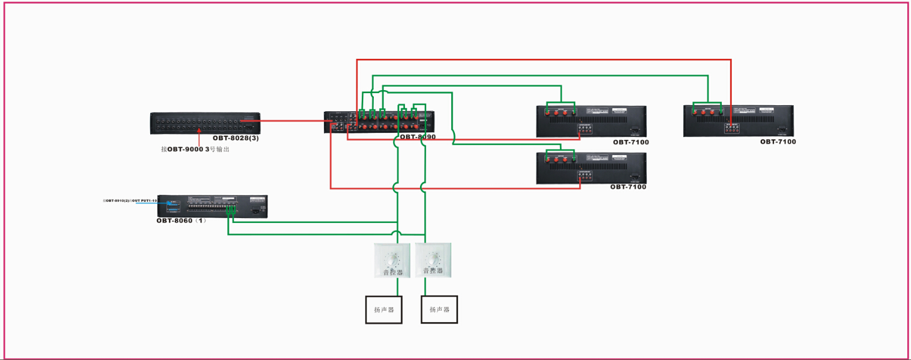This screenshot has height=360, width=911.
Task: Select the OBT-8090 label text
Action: pyautogui.click(x=418, y=137)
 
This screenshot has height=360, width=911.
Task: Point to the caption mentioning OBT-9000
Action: pyautogui.click(x=195, y=149)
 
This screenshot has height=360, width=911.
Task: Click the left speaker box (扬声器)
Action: pyautogui.click(x=384, y=310)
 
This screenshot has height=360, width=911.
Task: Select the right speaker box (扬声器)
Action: pyautogui.click(x=439, y=310)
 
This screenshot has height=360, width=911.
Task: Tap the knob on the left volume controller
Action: pyautogui.click(x=392, y=259)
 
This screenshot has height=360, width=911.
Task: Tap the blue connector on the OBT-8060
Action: pyautogui.click(x=173, y=204)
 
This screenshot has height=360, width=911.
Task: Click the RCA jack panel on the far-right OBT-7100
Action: pyautogui.click(x=731, y=128)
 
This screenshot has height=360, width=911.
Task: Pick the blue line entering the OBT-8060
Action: pyautogui.click(x=150, y=204)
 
